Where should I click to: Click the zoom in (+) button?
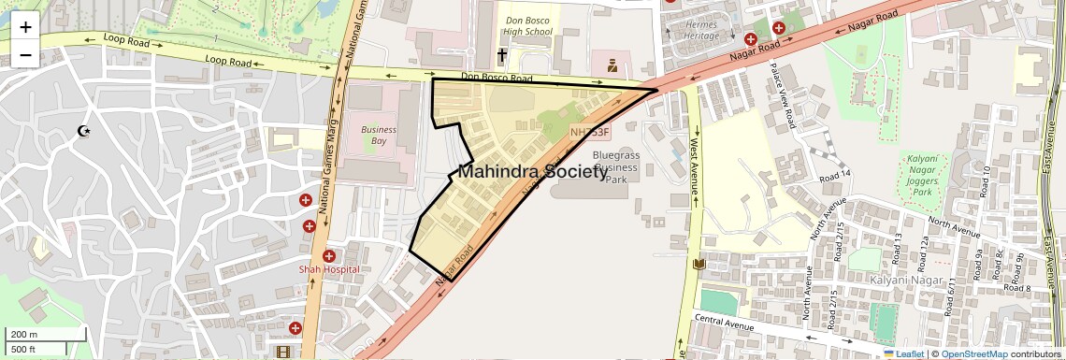[x=25, y=27]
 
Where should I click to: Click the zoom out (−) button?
[x=25, y=54]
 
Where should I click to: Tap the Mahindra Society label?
[x=533, y=172]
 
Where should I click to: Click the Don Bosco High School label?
[x=528, y=25]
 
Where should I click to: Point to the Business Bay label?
[x=379, y=136]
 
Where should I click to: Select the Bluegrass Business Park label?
[x=615, y=166]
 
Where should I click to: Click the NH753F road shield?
[x=589, y=133]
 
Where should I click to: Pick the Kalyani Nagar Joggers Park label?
[x=923, y=176]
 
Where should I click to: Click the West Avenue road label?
[x=696, y=167]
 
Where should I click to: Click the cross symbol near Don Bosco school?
[x=501, y=56]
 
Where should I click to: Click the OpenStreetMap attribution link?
[x=973, y=354]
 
